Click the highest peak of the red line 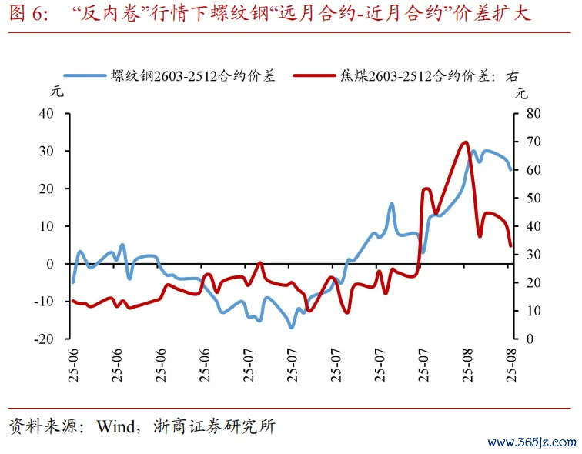464,142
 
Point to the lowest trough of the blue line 291,328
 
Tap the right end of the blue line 510,170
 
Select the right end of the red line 510,246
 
